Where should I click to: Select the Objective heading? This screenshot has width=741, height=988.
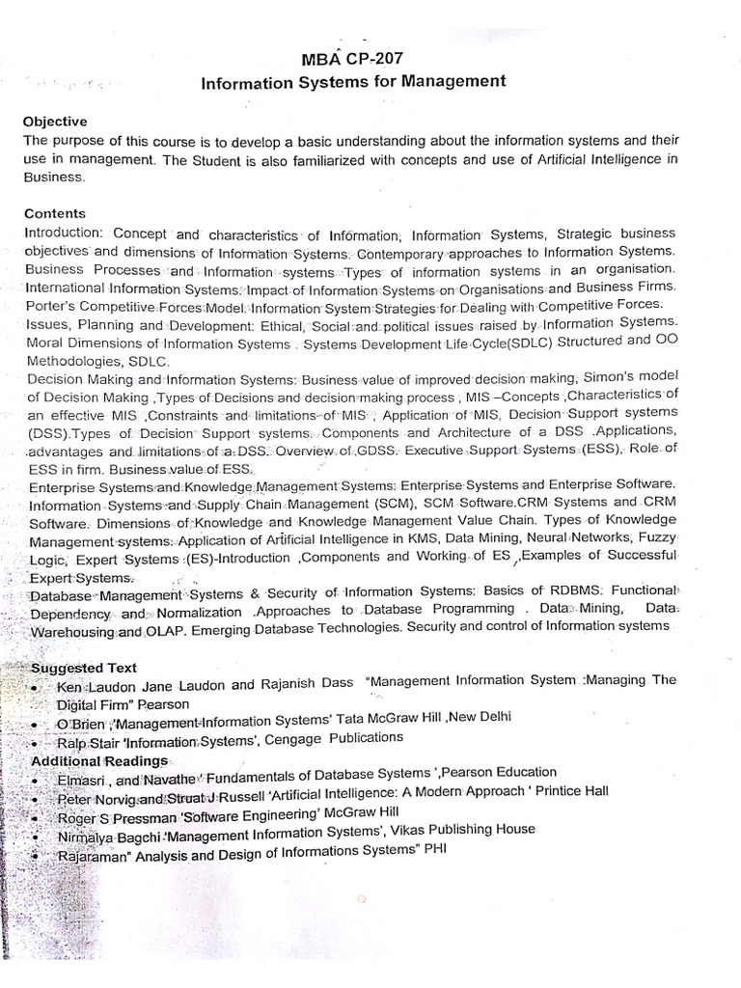[55, 122]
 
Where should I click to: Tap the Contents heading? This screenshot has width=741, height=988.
[54, 213]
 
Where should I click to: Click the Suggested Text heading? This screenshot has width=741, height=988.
[84, 668]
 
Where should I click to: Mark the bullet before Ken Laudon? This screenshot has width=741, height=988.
[36, 686]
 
